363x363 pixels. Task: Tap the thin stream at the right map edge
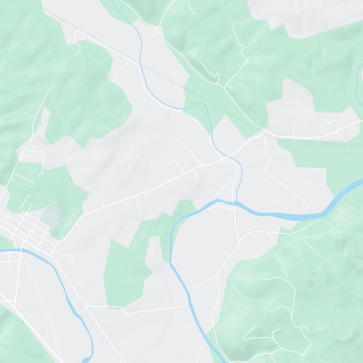[x=360, y=73]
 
